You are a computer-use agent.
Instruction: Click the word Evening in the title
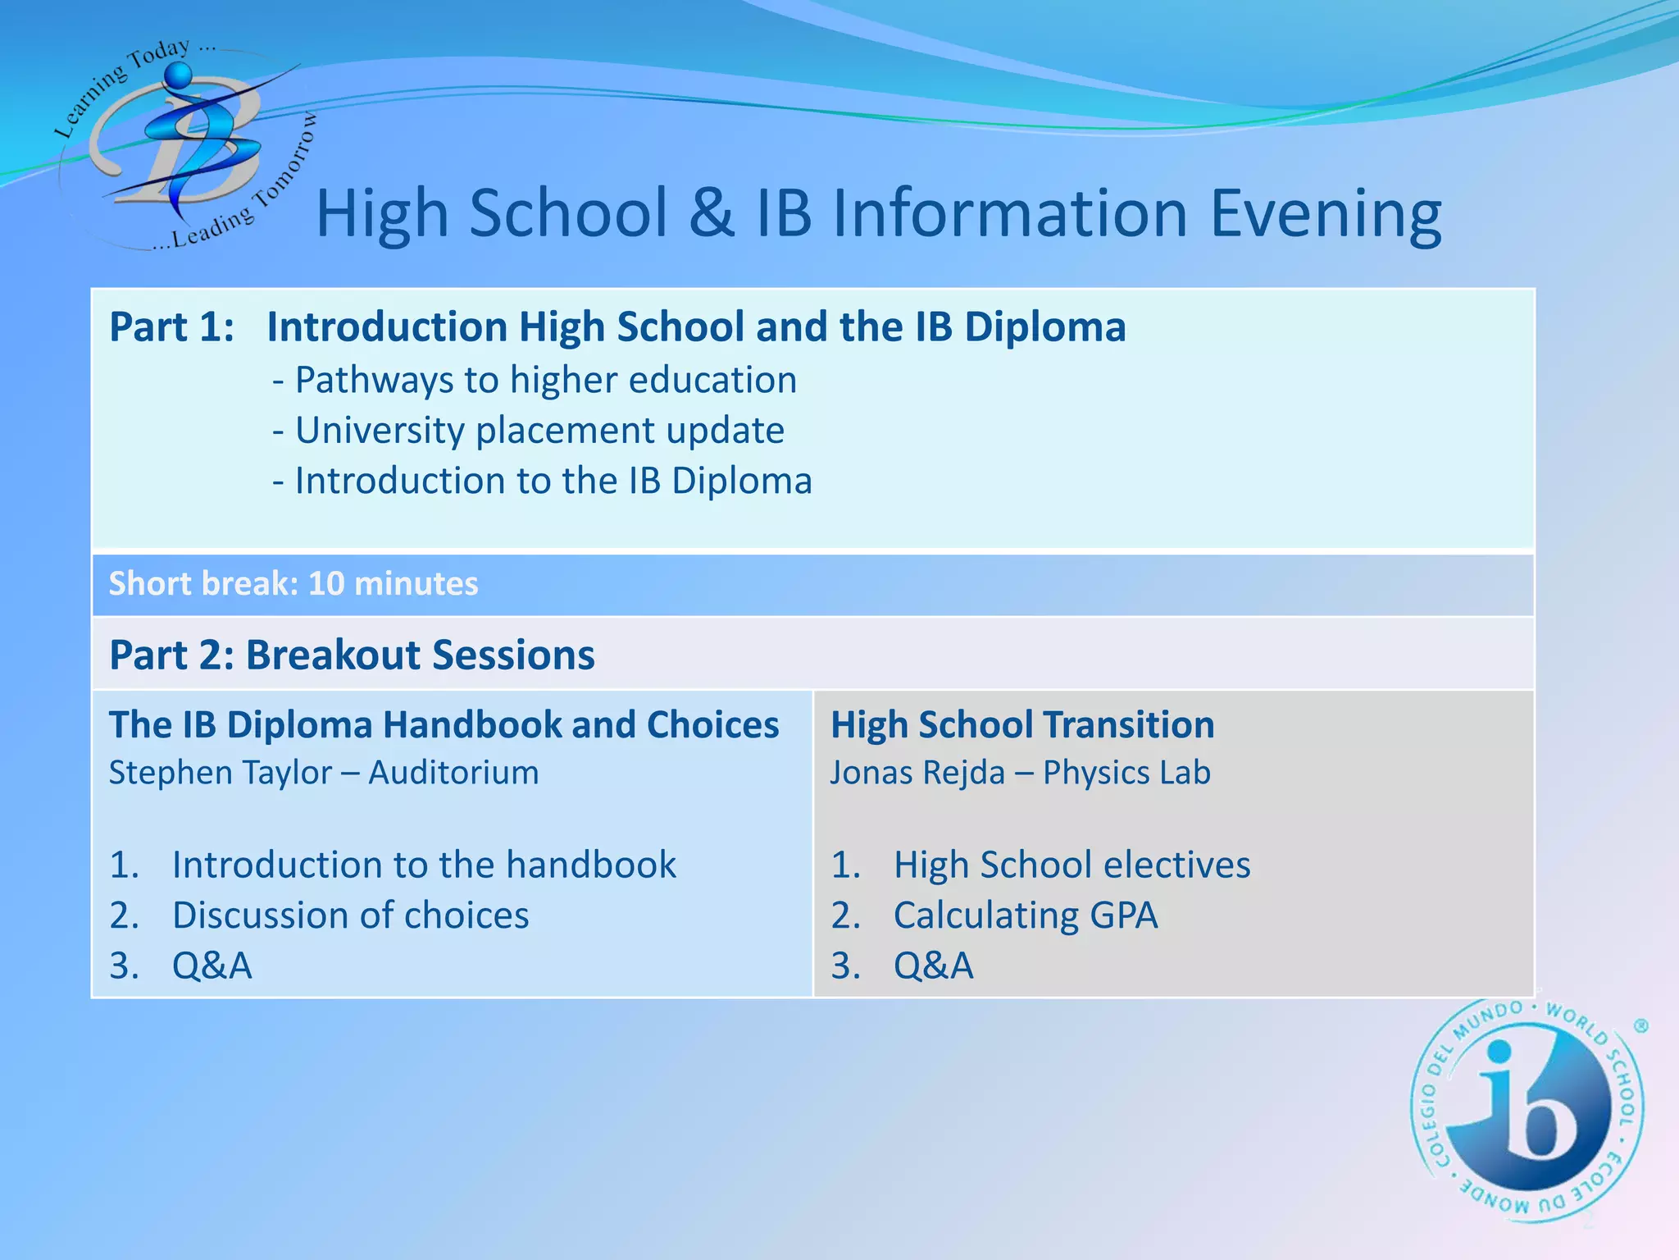[x=1325, y=213]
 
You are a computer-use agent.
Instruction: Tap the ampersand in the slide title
[x=711, y=213]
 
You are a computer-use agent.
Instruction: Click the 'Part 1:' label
[x=172, y=326]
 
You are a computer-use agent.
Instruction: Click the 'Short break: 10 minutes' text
[x=293, y=584]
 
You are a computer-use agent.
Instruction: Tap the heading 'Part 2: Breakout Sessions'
[x=352, y=655]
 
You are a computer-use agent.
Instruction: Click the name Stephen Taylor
[x=221, y=773]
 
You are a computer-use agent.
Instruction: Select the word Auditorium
[x=453, y=773]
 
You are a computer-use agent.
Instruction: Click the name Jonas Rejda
[x=917, y=773]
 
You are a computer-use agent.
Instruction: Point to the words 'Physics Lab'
[x=1126, y=773]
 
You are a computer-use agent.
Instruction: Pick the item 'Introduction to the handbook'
[x=424, y=865]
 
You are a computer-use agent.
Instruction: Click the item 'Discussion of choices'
[x=350, y=915]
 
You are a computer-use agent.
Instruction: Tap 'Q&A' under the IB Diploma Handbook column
[x=212, y=966]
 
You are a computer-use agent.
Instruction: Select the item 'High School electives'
[x=1072, y=865]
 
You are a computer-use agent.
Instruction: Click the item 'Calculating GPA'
[x=1026, y=915]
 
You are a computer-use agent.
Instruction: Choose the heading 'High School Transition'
[x=1022, y=725]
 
